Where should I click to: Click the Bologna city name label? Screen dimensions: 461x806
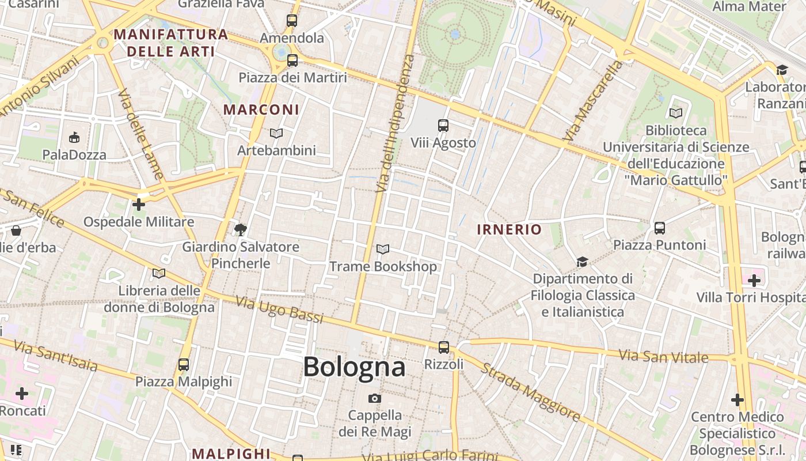[354, 367]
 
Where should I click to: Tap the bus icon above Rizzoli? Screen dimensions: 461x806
[443, 347]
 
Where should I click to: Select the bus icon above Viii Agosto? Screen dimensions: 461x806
[443, 126]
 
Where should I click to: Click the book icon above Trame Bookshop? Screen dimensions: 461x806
[382, 250]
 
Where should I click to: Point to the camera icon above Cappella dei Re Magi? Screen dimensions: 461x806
[375, 398]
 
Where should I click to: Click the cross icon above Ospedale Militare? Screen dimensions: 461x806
[138, 205]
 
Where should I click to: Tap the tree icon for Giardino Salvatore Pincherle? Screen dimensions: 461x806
[241, 230]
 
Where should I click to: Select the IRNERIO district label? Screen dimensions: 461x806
[510, 229]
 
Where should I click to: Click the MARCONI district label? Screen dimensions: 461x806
[261, 109]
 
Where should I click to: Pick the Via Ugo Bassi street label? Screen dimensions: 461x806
[279, 309]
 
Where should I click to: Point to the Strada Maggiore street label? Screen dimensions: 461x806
[530, 392]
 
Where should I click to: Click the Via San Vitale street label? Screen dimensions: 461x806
[663, 356]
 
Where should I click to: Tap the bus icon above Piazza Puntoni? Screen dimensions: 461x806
[659, 228]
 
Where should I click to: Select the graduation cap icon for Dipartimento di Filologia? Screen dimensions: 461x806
[582, 262]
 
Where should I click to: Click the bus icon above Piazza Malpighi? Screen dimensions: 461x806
[184, 365]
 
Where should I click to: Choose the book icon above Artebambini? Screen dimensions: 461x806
[276, 134]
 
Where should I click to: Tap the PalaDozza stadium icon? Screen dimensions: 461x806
[74, 138]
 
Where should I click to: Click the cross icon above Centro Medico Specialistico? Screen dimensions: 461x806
[737, 399]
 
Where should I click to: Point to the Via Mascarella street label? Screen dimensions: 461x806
[593, 101]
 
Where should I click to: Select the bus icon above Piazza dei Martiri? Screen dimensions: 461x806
[292, 61]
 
